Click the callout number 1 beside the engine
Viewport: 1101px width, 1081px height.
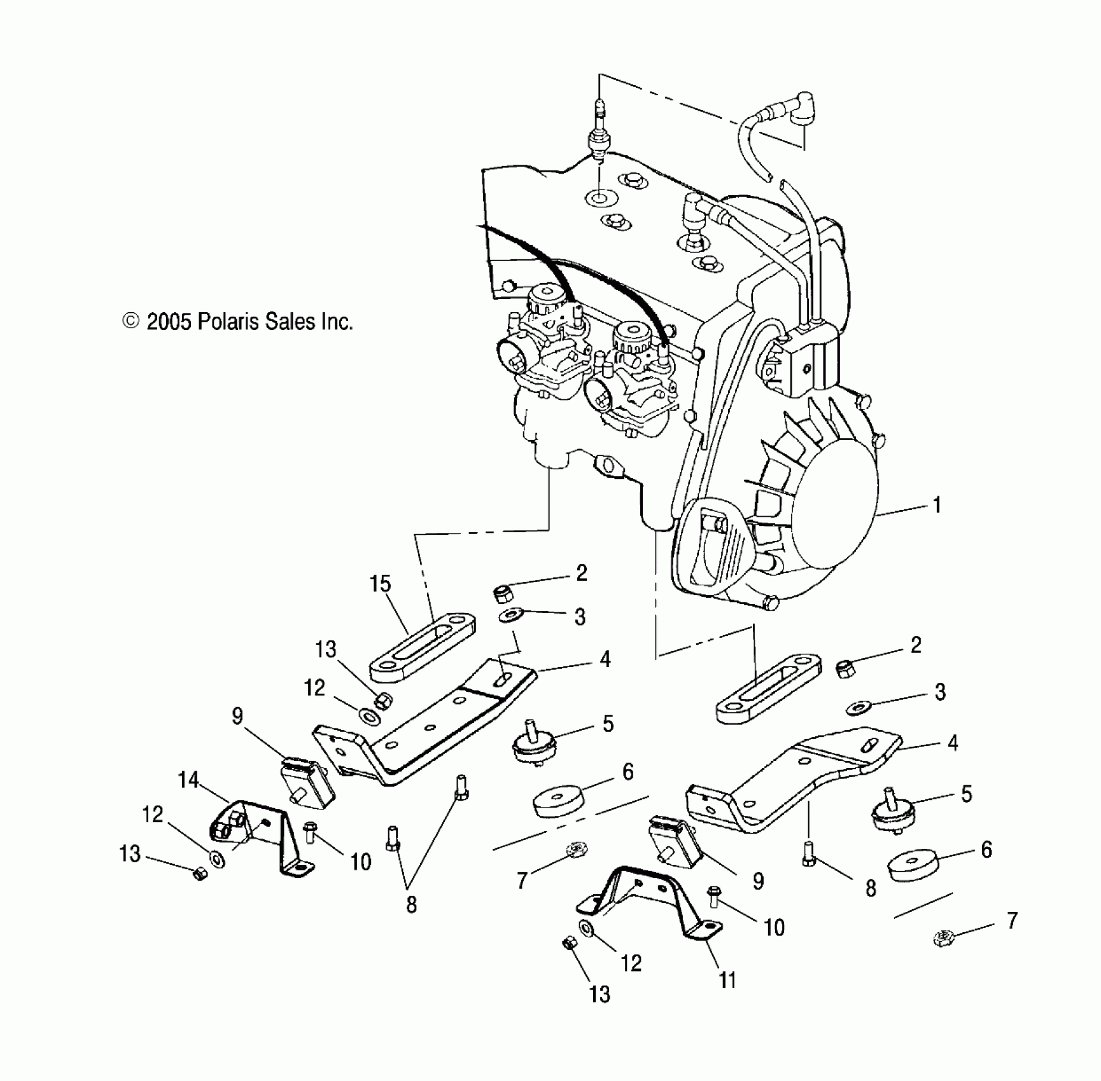pyautogui.click(x=936, y=506)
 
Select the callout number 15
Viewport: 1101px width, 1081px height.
pyautogui.click(x=380, y=584)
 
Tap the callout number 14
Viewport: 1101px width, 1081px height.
pyautogui.click(x=189, y=780)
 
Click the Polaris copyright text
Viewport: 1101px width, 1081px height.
pyautogui.click(x=237, y=322)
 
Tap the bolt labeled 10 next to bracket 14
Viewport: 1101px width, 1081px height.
pyautogui.click(x=311, y=831)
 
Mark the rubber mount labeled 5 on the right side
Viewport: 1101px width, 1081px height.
pyautogui.click(x=890, y=815)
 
